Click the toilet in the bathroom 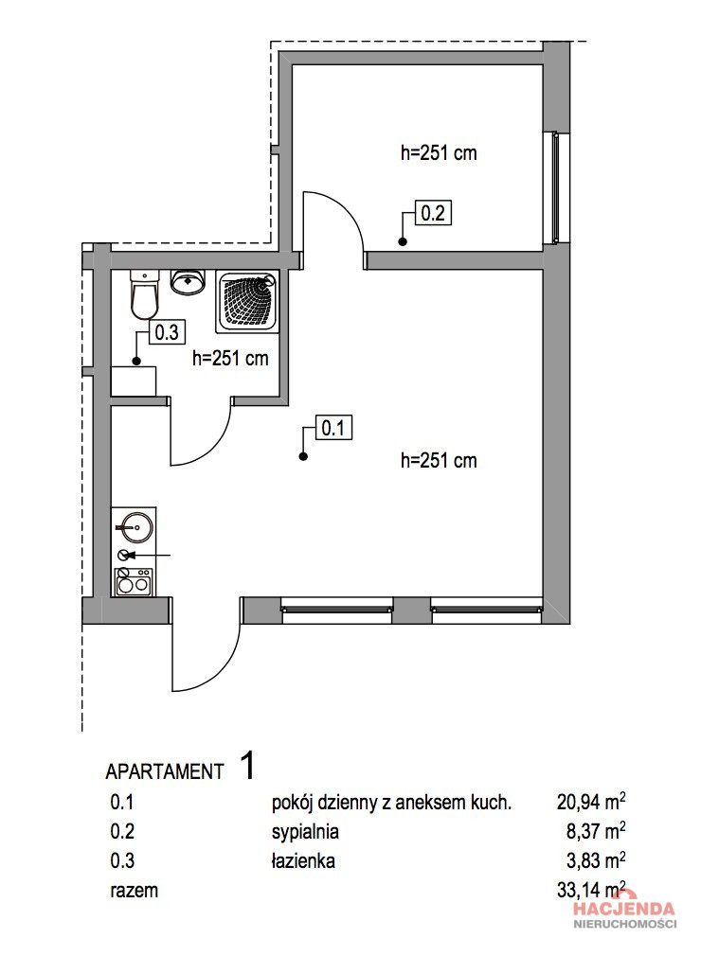click(144, 295)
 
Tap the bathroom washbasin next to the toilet click(187, 282)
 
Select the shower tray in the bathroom click(247, 302)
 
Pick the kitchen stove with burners click(134, 582)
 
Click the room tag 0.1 click(333, 429)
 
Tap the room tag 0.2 click(433, 213)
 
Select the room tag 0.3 click(167, 332)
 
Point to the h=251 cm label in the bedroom click(439, 153)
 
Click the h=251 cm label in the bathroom click(230, 359)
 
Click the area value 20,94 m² click(591, 802)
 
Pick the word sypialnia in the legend click(305, 832)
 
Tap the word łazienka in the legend click(303, 860)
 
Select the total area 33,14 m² click(591, 890)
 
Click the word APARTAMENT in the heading click(165, 771)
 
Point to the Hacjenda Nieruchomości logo click(624, 914)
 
